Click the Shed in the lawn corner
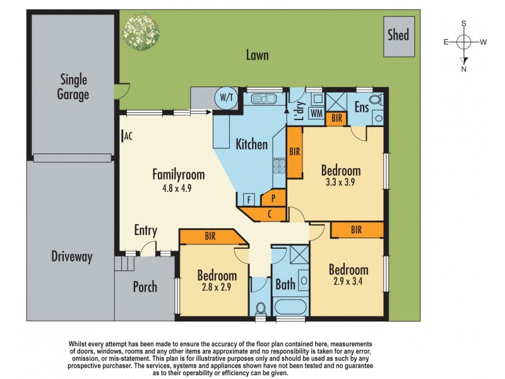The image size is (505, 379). point(398,35)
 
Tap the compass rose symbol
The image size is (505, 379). point(464,42)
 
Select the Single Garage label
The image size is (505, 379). point(74,87)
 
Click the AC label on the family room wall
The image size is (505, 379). point(128,136)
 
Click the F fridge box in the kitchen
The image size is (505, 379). point(249,200)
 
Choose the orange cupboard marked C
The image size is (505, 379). point(269,214)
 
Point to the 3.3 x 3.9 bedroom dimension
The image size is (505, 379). point(341,184)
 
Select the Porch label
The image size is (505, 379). point(145,287)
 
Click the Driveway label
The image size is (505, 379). point(71,256)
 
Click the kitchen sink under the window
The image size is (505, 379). point(263,99)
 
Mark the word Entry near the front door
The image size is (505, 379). point(146,231)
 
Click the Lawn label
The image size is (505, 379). point(257,56)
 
